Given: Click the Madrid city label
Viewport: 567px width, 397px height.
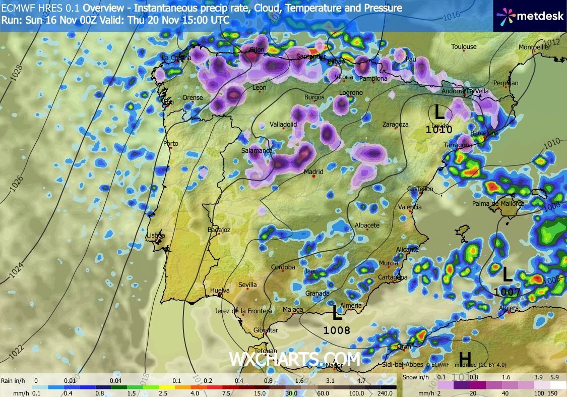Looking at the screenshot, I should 313,172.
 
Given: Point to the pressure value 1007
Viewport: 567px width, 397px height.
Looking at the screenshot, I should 507,292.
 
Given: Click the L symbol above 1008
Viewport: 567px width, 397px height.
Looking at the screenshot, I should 337,314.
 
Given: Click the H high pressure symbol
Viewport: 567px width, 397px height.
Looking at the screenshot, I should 464,359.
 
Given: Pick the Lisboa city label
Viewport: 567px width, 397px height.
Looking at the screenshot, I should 155,236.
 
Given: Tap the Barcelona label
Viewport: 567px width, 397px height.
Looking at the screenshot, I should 484,133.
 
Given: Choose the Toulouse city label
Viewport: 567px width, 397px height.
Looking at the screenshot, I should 464,47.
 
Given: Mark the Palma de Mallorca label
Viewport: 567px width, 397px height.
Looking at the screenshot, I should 498,204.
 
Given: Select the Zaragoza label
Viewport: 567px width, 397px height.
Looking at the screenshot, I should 395,124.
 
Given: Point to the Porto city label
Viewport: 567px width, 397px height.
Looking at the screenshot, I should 171,144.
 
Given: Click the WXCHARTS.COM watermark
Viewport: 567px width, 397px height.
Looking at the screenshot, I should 295,359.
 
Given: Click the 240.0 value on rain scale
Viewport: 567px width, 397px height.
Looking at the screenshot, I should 386,393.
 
